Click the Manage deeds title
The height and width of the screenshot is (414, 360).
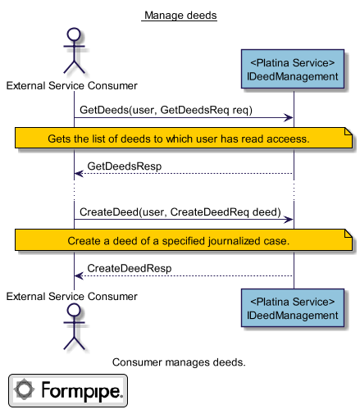(180, 16)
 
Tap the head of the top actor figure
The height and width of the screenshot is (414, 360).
(74, 34)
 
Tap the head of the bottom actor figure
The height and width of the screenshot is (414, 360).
(74, 310)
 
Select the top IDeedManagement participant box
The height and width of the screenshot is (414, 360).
(293, 69)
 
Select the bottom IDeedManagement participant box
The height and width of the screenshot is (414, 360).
(293, 307)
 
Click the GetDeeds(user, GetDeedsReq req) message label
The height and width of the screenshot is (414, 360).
(166, 110)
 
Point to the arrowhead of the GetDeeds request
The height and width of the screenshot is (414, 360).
(289, 118)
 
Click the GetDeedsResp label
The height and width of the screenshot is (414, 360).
(125, 166)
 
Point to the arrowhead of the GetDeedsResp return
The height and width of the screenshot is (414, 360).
(79, 174)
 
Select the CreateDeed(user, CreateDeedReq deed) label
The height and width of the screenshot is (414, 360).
(180, 212)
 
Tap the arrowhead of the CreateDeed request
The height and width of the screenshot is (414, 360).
(289, 220)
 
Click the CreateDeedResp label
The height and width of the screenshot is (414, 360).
(130, 268)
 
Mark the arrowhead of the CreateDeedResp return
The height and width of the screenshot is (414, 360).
(79, 275)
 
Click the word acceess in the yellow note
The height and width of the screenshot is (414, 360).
(288, 139)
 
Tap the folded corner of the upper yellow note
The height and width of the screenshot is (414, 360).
(349, 131)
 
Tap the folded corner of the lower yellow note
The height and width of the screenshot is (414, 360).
(349, 233)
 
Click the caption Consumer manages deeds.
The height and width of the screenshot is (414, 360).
(179, 362)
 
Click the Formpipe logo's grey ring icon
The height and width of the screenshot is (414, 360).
(24, 389)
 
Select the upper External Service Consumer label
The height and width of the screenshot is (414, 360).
(72, 86)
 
